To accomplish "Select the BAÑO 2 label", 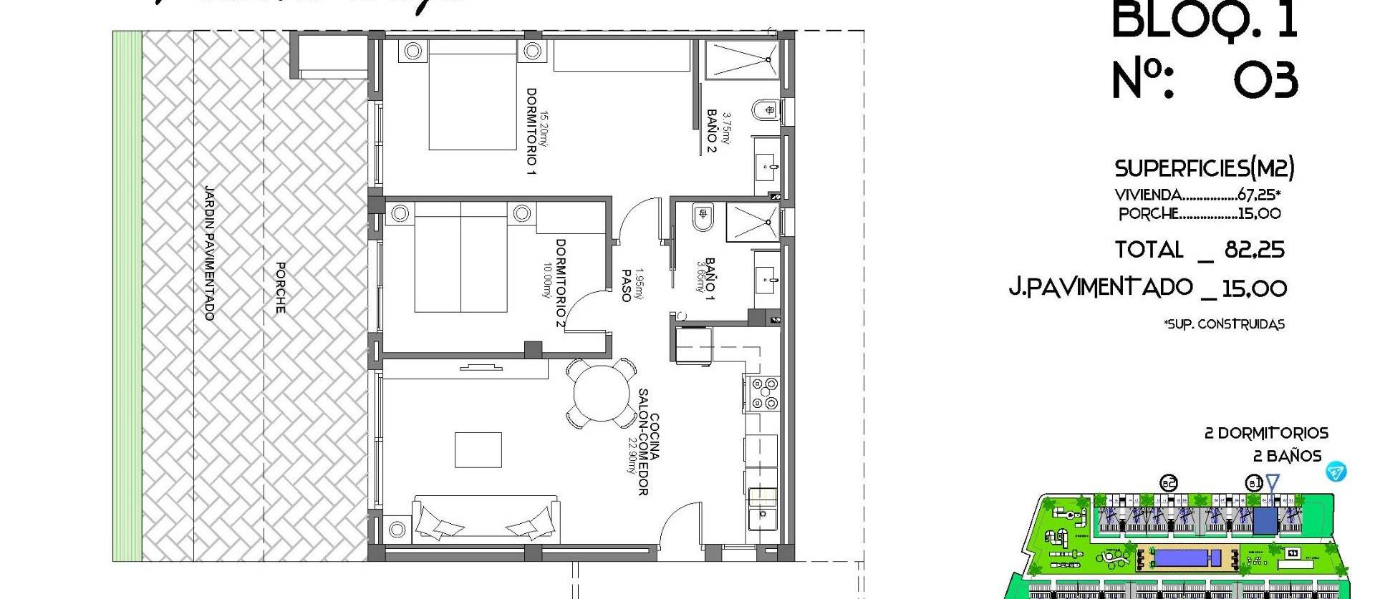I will (712, 131).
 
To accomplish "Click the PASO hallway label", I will (626, 285).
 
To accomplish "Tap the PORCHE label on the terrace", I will (281, 287).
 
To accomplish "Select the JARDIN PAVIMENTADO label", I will (209, 253).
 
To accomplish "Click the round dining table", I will (600, 392).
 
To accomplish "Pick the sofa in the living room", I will (486, 526).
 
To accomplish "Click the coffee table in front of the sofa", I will (478, 449).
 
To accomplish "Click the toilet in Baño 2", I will (764, 112).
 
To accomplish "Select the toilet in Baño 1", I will (703, 216).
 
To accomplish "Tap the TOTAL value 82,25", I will (1254, 250).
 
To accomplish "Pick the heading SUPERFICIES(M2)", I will (1204, 169).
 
